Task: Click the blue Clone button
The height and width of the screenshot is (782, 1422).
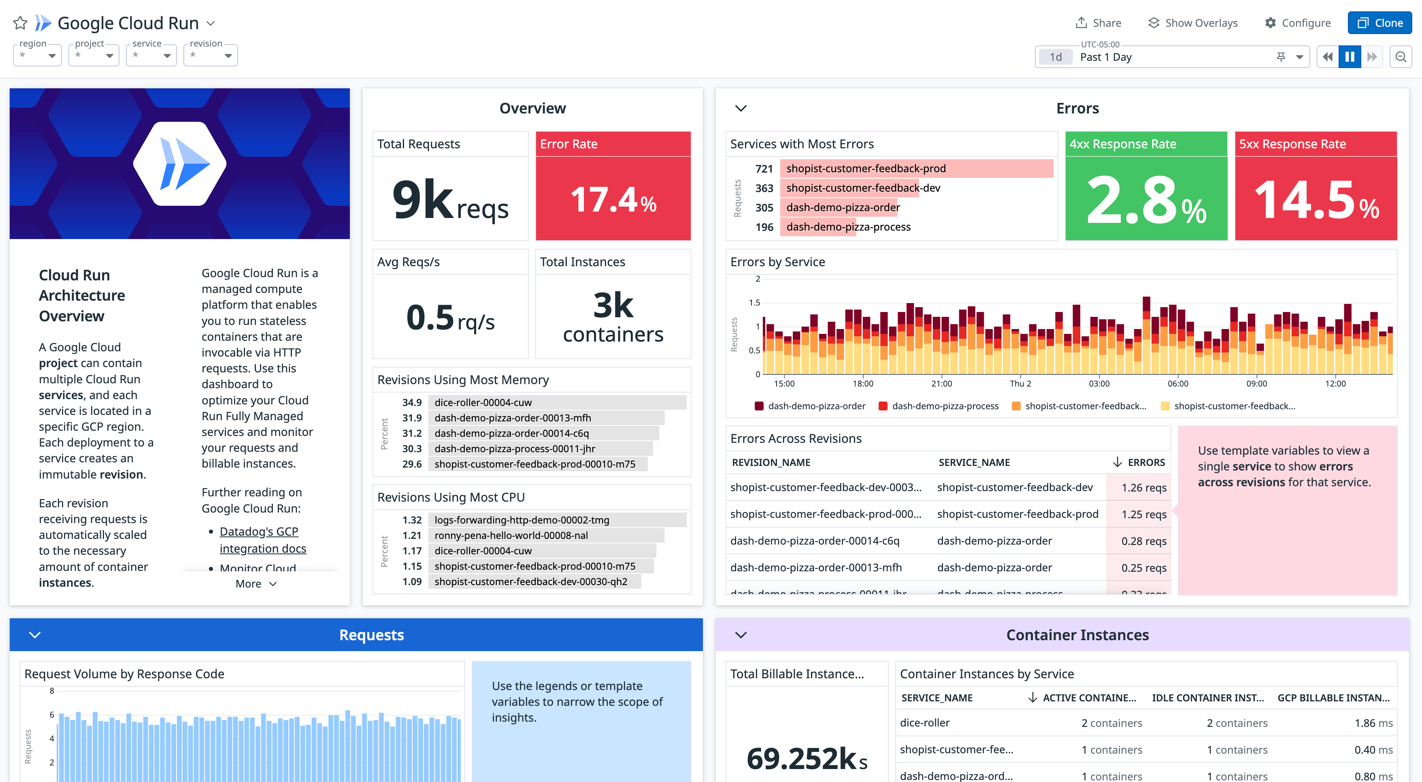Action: click(x=1379, y=23)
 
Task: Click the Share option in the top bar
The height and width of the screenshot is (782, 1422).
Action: click(x=1098, y=23)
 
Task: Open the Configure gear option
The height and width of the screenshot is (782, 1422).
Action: click(x=1297, y=23)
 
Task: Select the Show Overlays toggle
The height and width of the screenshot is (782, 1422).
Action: click(x=1192, y=23)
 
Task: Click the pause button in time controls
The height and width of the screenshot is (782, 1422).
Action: click(x=1349, y=57)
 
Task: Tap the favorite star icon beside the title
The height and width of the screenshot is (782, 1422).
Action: click(x=20, y=23)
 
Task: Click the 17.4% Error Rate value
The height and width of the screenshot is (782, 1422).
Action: click(x=613, y=200)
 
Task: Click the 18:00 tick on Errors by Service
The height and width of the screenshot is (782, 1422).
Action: click(x=863, y=383)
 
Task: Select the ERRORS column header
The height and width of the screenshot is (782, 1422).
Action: click(x=1145, y=462)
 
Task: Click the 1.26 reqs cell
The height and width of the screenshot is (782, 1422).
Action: click(x=1143, y=487)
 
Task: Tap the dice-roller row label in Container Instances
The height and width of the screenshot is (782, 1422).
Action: click(x=925, y=722)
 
